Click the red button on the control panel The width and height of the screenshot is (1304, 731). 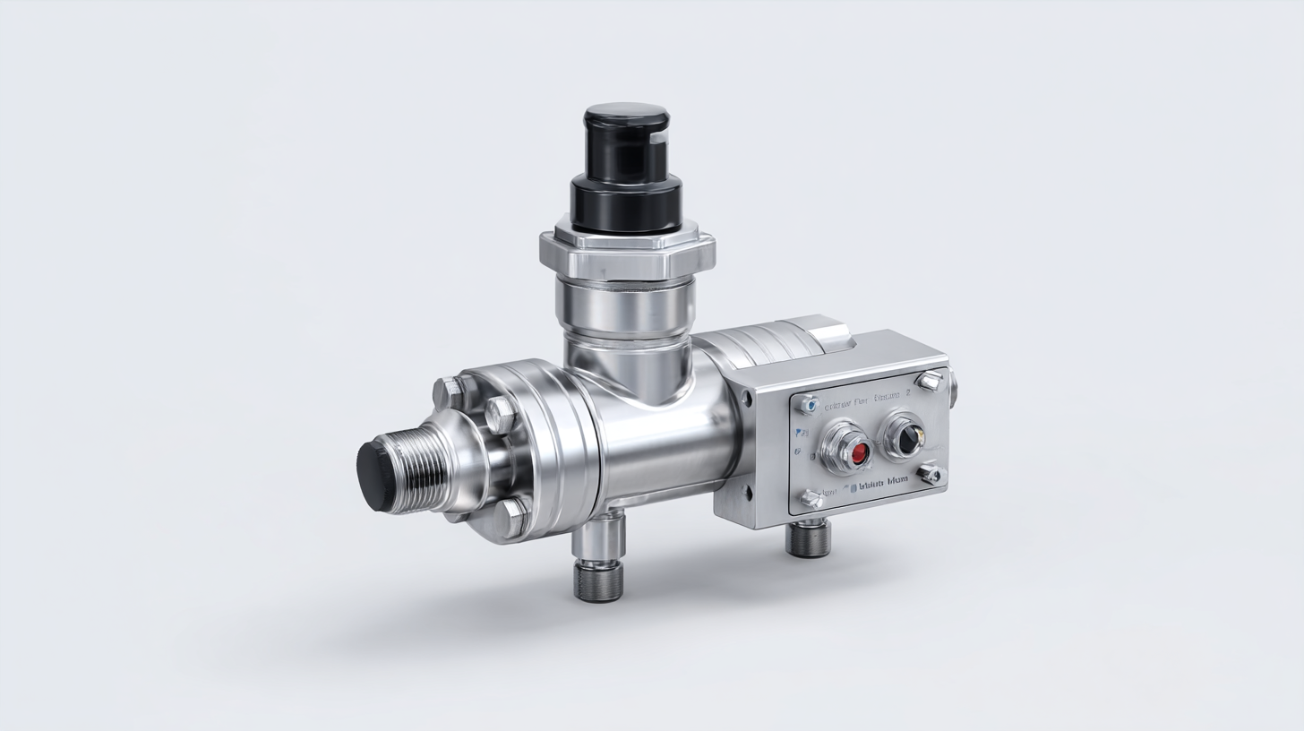pyautogui.click(x=858, y=451)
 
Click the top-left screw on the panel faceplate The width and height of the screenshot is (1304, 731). pyautogui.click(x=809, y=404)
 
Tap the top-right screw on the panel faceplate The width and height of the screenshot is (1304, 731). pyautogui.click(x=930, y=381)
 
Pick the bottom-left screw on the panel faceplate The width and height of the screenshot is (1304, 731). pyautogui.click(x=811, y=498)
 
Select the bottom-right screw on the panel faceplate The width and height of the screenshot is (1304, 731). pyautogui.click(x=931, y=474)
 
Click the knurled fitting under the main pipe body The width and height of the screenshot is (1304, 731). pyautogui.click(x=599, y=583)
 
